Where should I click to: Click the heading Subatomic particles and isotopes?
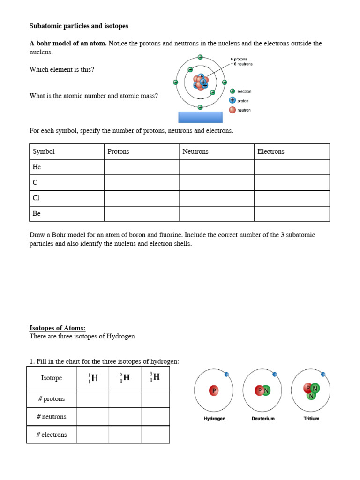(x=78, y=26)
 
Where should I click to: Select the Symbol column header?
(x=44, y=151)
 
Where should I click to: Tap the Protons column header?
(x=118, y=151)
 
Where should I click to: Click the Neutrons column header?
(x=195, y=151)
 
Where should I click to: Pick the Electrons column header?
(x=270, y=151)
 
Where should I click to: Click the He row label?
(x=37, y=167)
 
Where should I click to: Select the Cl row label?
(x=37, y=198)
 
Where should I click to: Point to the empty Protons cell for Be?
(x=142, y=213)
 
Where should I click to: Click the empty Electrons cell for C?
(x=292, y=182)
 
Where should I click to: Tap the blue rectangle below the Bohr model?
(x=200, y=117)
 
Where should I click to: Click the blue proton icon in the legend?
(x=232, y=100)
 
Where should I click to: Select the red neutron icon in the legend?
(x=232, y=110)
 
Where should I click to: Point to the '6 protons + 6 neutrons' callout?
(x=241, y=61)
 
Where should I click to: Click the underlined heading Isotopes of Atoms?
(x=58, y=328)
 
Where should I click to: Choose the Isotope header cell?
(x=52, y=378)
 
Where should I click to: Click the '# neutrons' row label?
(x=52, y=417)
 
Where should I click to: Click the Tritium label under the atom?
(x=311, y=419)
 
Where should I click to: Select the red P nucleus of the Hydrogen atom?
(x=214, y=390)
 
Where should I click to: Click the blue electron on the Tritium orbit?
(x=323, y=374)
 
